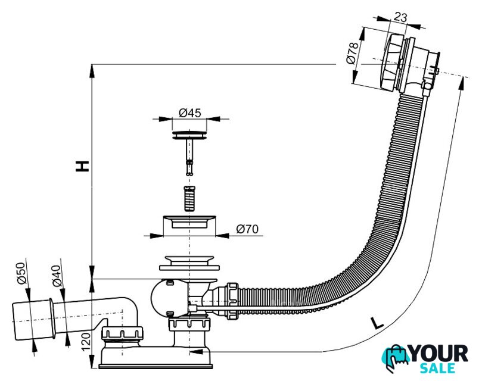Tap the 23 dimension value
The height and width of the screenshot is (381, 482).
[400, 17]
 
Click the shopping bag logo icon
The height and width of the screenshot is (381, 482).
[394, 359]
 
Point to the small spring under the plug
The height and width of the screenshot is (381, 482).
[189, 198]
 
